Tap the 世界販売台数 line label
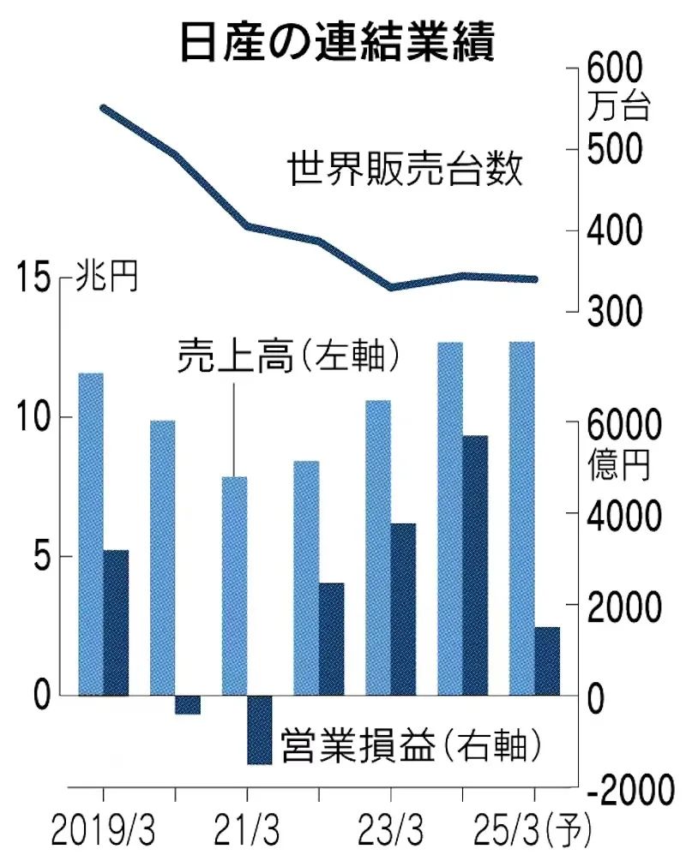(406, 169)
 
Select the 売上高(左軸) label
(289, 356)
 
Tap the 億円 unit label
(619, 463)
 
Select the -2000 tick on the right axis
(627, 790)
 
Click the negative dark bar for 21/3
(260, 729)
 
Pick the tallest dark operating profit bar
(474, 565)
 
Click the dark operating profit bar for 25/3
(546, 661)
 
